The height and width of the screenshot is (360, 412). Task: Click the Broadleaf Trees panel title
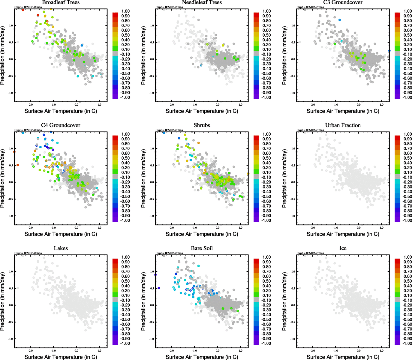[61, 2]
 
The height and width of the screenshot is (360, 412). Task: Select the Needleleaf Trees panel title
[202, 2]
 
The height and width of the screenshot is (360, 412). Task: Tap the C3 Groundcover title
[343, 2]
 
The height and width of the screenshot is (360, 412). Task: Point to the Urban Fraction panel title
[343, 125]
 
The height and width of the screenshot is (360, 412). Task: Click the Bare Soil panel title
[202, 248]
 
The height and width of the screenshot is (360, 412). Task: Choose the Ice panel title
[343, 248]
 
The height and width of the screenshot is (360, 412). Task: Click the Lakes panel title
[61, 248]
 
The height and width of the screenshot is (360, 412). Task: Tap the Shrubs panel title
[202, 125]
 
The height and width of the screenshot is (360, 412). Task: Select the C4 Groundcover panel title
[61, 125]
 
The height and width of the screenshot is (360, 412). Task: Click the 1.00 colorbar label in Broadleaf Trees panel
[125, 11]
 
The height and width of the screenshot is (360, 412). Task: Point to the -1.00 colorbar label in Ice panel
[407, 343]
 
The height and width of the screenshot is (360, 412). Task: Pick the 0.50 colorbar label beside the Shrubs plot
[267, 158]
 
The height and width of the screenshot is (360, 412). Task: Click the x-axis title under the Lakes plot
[61, 357]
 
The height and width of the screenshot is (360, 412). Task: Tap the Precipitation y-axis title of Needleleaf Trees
[143, 55]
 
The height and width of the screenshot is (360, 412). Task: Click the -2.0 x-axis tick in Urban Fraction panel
[312, 228]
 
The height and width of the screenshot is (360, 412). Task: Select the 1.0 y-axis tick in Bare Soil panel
[152, 271]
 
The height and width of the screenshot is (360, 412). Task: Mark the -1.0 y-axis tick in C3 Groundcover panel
[293, 93]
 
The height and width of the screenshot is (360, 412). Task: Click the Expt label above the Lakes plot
[28, 253]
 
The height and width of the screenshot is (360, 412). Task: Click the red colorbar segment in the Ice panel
[397, 260]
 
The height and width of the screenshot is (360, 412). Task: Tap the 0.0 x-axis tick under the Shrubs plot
[218, 228]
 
